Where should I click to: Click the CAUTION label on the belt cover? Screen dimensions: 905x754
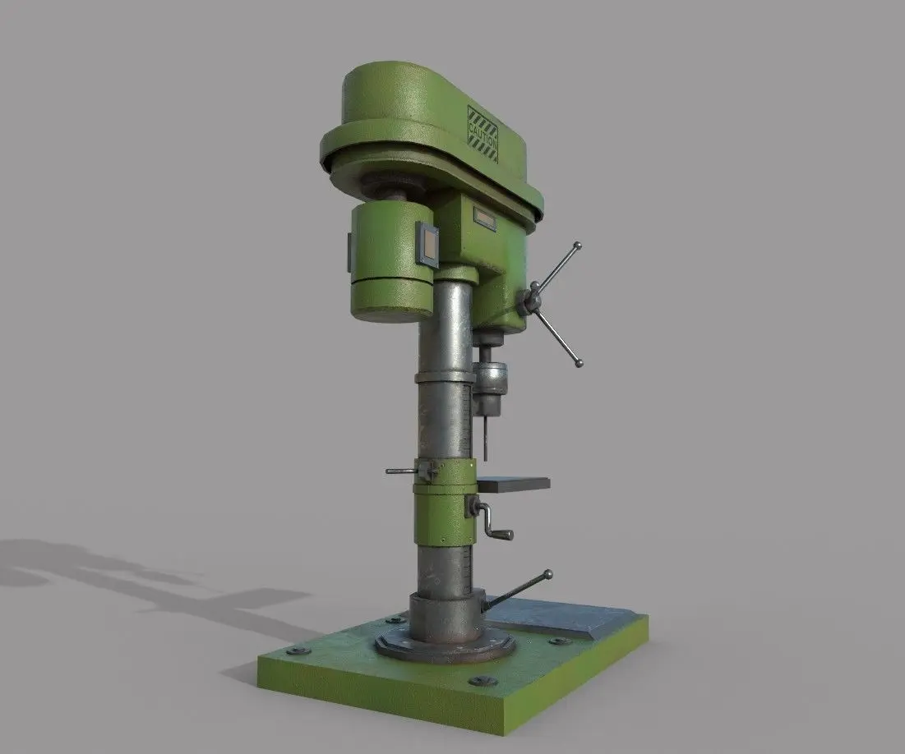[482, 134]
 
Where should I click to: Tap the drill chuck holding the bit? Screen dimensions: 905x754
[489, 380]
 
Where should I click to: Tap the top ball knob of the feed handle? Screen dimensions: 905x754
[576, 246]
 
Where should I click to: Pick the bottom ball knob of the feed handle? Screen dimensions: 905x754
[579, 363]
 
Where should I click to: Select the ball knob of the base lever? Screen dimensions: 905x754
[547, 575]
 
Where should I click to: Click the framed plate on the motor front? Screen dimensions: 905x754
[427, 243]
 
